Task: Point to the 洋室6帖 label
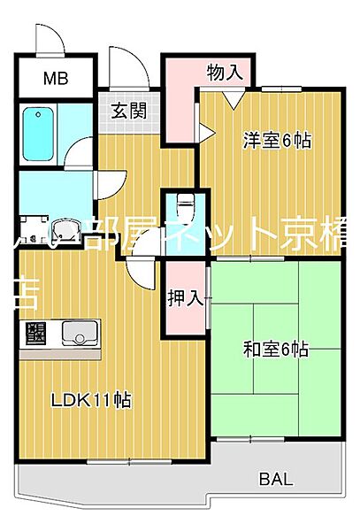click(x=277, y=141)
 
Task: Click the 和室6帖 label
click(x=276, y=349)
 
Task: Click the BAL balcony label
click(x=275, y=481)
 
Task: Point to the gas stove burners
click(x=36, y=335)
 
